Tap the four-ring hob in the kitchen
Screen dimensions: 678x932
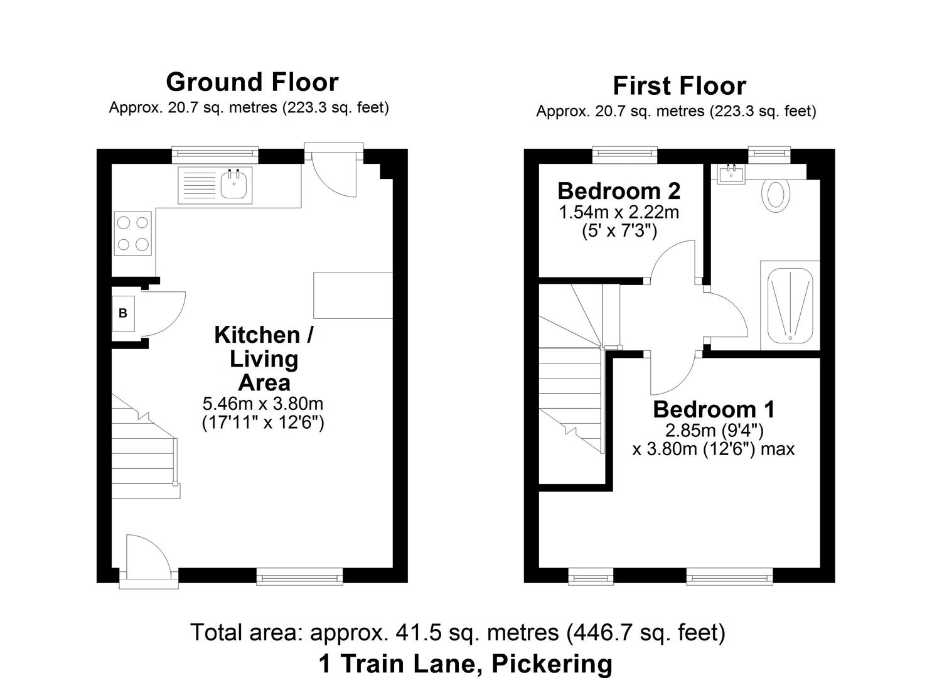pos(132,234)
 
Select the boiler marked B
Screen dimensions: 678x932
pos(123,313)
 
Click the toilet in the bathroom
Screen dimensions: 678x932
pos(776,195)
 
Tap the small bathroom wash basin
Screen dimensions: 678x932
pos(731,173)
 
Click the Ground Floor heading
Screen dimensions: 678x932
pos(252,82)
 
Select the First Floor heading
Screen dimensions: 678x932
pos(679,86)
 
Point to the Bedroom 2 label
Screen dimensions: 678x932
pos(619,190)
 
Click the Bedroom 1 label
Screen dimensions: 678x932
pos(714,409)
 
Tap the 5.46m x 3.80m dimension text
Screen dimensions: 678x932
pos(262,403)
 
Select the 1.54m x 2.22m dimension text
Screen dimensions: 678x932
pos(619,212)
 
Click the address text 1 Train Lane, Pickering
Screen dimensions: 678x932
pos(465,663)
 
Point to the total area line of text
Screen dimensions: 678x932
pos(458,632)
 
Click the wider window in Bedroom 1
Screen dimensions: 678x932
pos(729,575)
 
